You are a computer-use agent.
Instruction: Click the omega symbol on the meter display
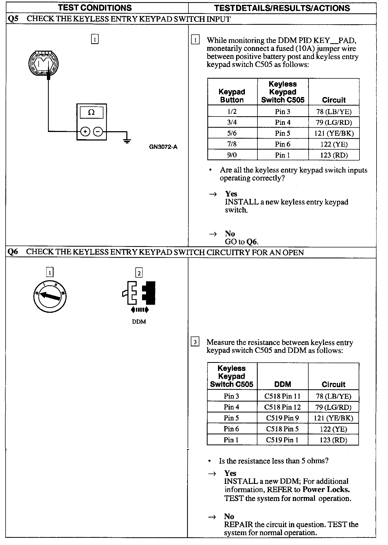coord(91,113)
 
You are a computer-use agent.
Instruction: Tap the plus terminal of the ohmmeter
coord(85,131)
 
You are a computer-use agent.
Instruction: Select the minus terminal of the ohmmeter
coord(98,131)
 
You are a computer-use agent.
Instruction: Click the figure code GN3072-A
coord(163,147)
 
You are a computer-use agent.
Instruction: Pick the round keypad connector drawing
coord(43,63)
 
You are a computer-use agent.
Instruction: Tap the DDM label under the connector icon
coord(139,322)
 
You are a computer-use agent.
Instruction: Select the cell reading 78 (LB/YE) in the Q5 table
coord(334,111)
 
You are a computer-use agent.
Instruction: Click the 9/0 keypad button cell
coord(232,155)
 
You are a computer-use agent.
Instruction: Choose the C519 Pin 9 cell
coord(282,418)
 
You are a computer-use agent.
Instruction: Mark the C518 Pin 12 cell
coord(282,407)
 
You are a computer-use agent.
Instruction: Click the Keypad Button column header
coord(232,96)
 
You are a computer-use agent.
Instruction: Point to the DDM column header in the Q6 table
coord(282,384)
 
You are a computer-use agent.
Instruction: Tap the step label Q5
coord(13,19)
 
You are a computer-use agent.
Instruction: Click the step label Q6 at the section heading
coord(13,252)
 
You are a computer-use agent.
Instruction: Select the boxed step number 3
coord(195,342)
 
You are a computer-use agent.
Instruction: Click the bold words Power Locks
coord(326,490)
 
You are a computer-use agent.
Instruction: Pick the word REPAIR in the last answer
coord(238,524)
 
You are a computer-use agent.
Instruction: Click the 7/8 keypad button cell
coord(232,144)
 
